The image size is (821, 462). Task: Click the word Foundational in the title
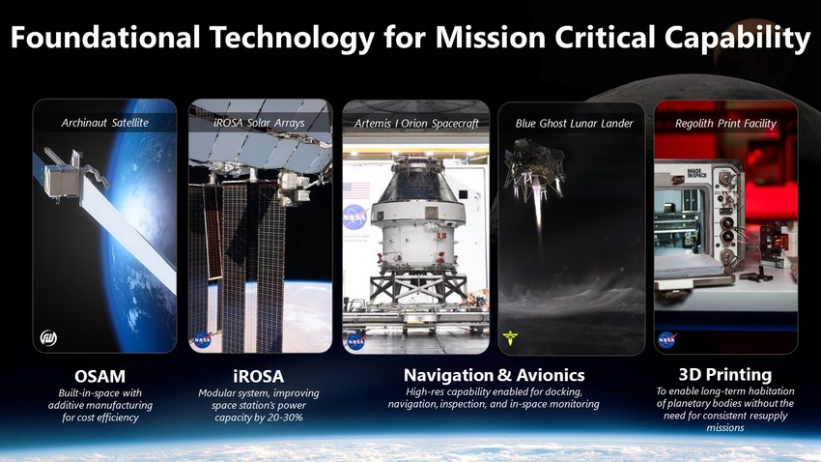(105, 38)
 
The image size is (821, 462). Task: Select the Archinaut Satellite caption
(104, 123)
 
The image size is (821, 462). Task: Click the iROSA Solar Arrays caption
(259, 123)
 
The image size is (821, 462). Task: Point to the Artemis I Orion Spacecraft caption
(416, 124)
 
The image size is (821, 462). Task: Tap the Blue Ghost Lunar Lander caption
(574, 124)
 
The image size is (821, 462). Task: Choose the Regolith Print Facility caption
(725, 124)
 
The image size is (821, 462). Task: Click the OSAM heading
(100, 376)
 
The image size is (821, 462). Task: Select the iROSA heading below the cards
(259, 376)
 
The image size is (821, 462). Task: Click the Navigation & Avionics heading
(495, 375)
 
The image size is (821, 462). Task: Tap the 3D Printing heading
(725, 374)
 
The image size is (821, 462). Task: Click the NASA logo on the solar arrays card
(202, 339)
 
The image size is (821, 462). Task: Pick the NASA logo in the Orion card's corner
(356, 341)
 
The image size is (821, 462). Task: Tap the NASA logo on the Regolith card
(667, 340)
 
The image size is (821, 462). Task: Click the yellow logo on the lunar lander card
(510, 338)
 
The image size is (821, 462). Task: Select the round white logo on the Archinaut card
(48, 338)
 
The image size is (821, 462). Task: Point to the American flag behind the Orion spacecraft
(357, 190)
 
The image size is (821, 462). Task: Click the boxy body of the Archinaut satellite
(62, 181)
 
